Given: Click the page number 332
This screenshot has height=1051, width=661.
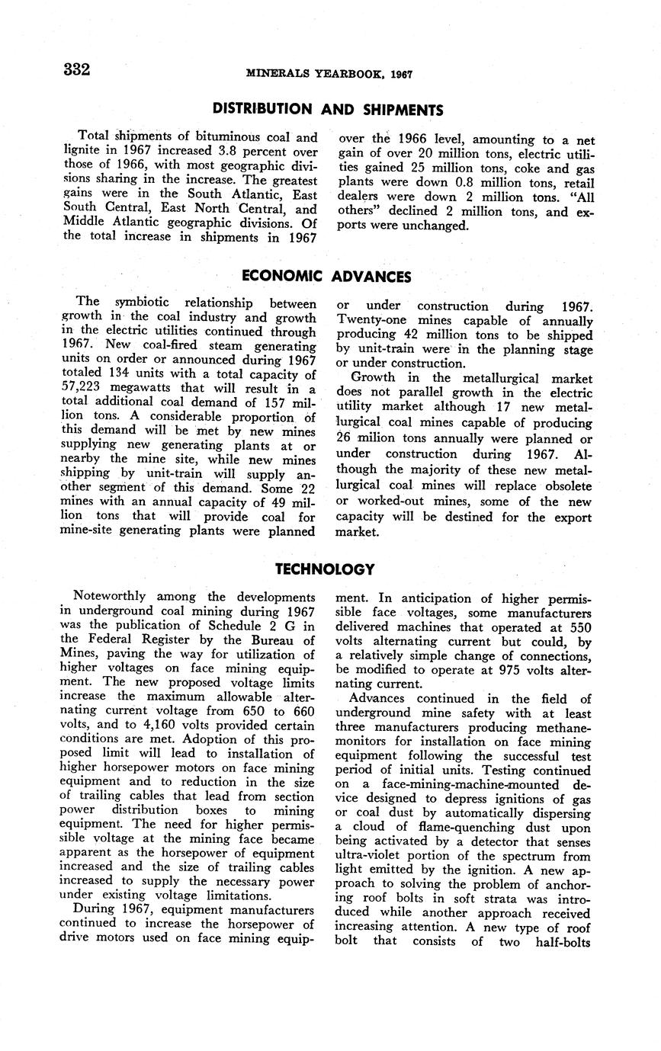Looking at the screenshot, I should pos(77,70).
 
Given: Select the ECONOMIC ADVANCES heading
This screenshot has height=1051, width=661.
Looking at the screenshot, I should pos(326,277).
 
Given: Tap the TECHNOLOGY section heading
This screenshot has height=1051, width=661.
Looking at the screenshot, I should pos(325,569).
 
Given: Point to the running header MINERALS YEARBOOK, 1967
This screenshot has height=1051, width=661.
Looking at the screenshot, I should pos(329,75).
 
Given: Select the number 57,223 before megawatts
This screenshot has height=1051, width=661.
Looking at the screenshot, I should pos(81,389).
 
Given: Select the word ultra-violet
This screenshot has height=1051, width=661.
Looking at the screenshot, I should pos(370,855).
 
